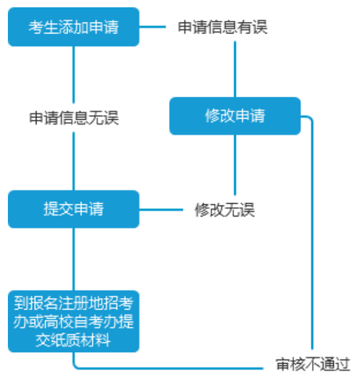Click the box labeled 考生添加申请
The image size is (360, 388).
point(74,27)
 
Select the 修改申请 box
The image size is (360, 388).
point(235,116)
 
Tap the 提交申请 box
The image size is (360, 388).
point(74,209)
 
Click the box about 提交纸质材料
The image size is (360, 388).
point(74,322)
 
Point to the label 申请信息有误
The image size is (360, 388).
point(223,27)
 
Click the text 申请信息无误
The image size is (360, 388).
point(74,118)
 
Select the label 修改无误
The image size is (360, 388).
point(224,210)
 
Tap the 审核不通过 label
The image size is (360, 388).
point(313,364)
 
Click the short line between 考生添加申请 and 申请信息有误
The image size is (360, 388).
point(153,27)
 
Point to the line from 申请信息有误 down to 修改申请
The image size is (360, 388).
point(235,69)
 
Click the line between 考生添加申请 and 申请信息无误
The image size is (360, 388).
point(74,75)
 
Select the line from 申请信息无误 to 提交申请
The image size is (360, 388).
point(74,161)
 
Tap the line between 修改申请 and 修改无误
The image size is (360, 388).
point(235,165)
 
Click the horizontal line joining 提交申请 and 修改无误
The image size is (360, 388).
point(161,210)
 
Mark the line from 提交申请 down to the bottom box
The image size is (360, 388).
point(74,259)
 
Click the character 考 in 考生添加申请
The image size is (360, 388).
point(36,27)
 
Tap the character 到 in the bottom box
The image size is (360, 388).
point(21,303)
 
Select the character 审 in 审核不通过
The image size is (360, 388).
point(283,364)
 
